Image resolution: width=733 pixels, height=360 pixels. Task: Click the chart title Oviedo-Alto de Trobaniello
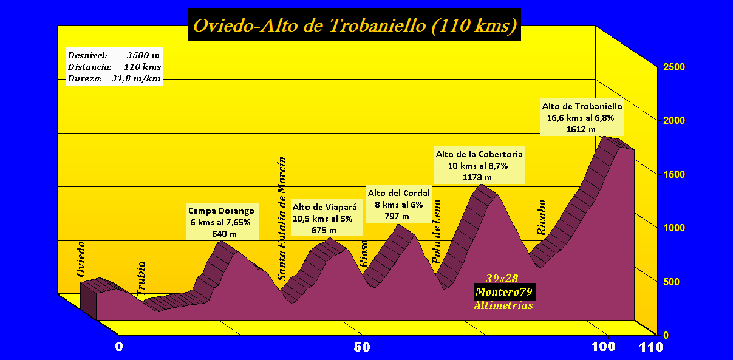355,25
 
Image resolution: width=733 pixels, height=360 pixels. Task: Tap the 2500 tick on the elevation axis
673,67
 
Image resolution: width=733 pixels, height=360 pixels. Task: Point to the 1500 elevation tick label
673,174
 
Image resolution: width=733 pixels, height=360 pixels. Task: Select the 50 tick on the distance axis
362,347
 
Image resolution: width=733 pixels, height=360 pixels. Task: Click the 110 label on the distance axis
652,347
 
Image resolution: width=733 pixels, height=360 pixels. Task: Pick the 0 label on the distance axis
119,347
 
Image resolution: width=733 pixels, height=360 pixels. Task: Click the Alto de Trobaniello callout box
582,118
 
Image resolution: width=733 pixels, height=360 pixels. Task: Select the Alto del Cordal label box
398,205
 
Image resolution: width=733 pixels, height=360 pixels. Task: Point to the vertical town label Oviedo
81,259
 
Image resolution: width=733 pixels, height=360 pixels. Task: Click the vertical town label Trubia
141,279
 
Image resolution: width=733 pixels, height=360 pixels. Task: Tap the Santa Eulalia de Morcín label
282,219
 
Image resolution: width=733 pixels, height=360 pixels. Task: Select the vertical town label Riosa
364,254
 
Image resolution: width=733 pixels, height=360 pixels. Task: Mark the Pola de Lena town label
437,231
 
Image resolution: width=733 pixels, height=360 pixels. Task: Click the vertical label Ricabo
542,217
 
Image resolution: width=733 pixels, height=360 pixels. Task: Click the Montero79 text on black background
504,292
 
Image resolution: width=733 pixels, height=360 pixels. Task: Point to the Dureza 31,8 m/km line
114,78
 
